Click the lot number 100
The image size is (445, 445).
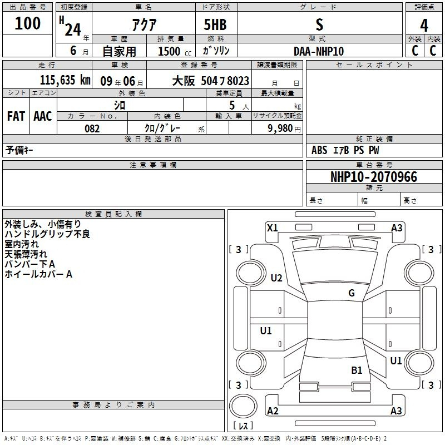pos(27,23)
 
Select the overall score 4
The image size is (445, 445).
pos(424,26)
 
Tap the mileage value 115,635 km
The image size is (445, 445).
pos(65,80)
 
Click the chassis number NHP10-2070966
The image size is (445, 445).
pos(374,177)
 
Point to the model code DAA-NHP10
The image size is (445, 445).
pos(319,51)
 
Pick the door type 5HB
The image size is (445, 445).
pos(215,24)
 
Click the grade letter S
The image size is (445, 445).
pos(319,24)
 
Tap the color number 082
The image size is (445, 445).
pos(92,128)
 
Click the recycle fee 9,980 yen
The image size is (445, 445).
pos(284,128)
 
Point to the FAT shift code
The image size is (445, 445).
pos(16,116)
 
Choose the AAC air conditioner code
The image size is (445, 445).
pos(43,116)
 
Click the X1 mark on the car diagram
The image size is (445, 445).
pos(273,228)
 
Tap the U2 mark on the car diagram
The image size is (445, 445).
pos(276,278)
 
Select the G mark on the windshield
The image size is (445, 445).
pos(352,293)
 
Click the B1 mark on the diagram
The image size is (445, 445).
pos(357,370)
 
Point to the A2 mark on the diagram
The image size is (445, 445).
pos(273,411)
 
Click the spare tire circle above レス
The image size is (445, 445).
pos(243,406)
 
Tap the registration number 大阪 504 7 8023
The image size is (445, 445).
pos(211,81)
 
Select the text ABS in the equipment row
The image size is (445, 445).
pos(319,150)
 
